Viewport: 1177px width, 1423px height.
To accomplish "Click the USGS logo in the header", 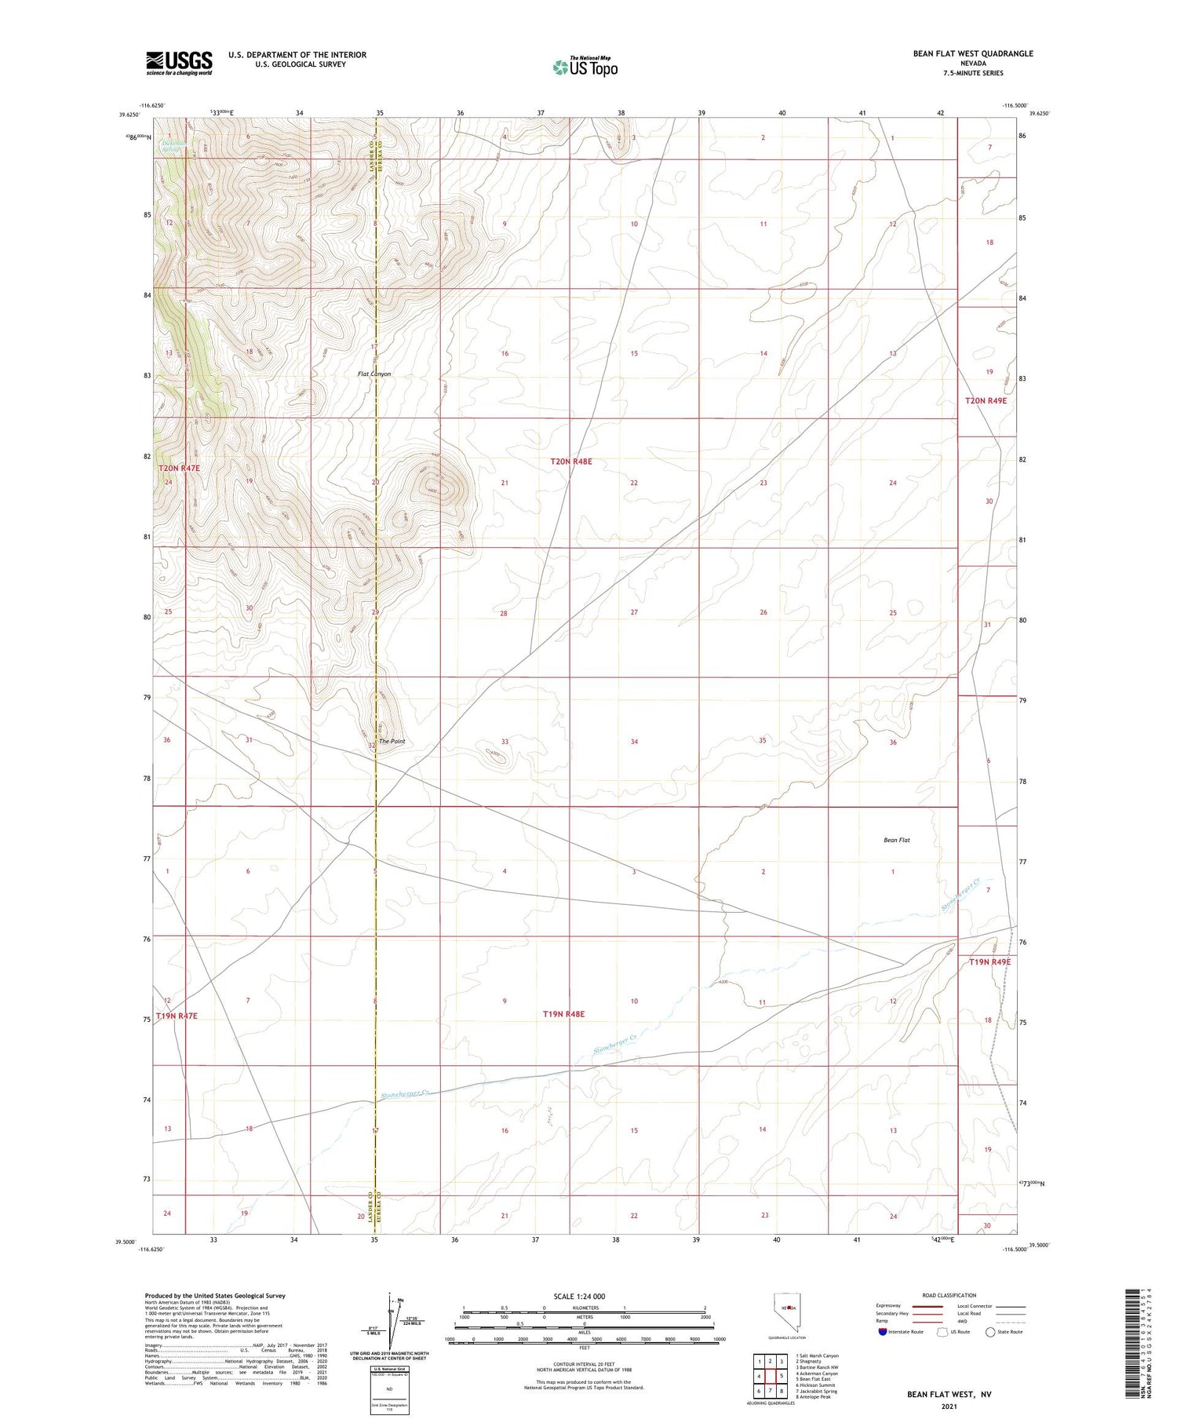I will (x=179, y=62).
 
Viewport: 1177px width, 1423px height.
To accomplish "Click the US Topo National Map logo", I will (x=585, y=67).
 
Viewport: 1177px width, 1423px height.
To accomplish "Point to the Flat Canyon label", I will (x=374, y=374).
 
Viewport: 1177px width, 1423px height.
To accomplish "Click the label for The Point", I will (x=392, y=741).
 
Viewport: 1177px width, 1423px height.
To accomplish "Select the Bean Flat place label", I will (x=896, y=840).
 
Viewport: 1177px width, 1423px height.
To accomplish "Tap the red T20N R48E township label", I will (x=571, y=462).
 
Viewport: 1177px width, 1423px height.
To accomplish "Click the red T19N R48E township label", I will (x=563, y=1014).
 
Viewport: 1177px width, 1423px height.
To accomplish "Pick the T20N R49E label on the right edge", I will (x=986, y=400).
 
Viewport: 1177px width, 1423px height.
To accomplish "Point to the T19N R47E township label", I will (x=177, y=1016).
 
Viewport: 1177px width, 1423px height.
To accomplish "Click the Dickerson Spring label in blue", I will (x=173, y=146).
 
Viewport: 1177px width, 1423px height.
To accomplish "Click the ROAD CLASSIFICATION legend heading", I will (x=949, y=1295).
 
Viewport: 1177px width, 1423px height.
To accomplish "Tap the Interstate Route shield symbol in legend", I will (x=883, y=1331).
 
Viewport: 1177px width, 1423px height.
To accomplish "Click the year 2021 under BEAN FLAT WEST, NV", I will (x=949, y=1406).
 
